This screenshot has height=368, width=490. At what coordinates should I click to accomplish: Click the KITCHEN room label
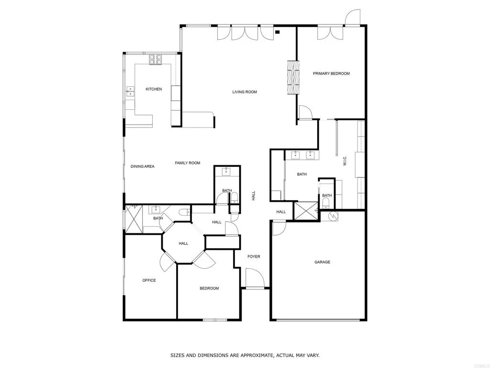(x=154, y=89)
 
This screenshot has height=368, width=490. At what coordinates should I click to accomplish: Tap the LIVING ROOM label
(x=245, y=92)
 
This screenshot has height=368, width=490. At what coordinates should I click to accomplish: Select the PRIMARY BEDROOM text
(x=331, y=74)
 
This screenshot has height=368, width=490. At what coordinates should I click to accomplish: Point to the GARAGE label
(x=322, y=262)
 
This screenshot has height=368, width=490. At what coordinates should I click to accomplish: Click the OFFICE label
(x=149, y=280)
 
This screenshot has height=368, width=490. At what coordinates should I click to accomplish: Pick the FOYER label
(x=254, y=257)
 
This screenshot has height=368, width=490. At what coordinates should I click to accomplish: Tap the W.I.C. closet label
(x=345, y=161)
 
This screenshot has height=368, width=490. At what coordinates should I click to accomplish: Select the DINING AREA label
(x=142, y=166)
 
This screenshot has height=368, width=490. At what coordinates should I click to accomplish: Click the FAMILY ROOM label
(x=187, y=163)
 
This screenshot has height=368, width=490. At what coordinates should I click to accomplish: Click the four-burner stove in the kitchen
(x=156, y=59)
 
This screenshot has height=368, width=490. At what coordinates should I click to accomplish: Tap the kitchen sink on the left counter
(x=130, y=91)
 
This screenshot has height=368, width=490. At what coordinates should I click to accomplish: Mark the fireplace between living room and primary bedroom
(x=293, y=78)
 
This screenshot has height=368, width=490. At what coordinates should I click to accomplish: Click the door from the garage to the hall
(x=278, y=228)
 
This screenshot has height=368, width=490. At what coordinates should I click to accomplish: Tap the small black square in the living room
(x=278, y=33)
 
